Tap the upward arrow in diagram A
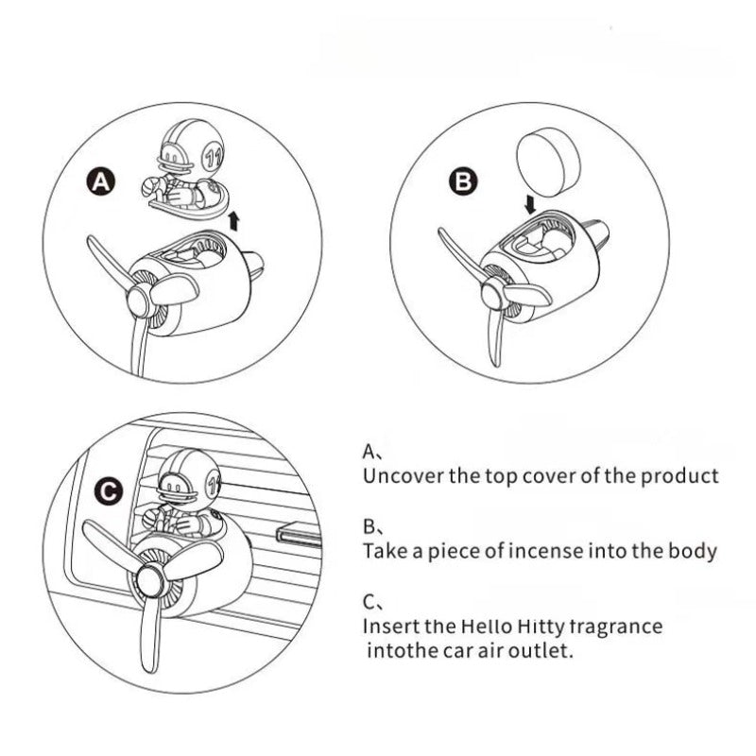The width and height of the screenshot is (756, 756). click(x=234, y=221)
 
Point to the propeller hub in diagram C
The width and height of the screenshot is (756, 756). click(x=152, y=578)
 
